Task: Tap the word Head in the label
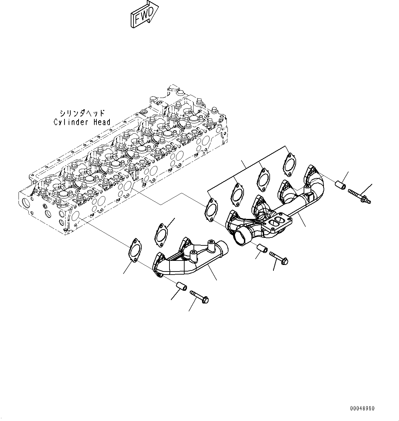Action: [x=102, y=122]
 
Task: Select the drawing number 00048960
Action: [x=362, y=408]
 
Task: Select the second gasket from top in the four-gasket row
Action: [x=263, y=178]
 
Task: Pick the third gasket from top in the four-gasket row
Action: [x=236, y=193]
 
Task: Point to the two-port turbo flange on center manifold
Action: [x=274, y=224]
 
